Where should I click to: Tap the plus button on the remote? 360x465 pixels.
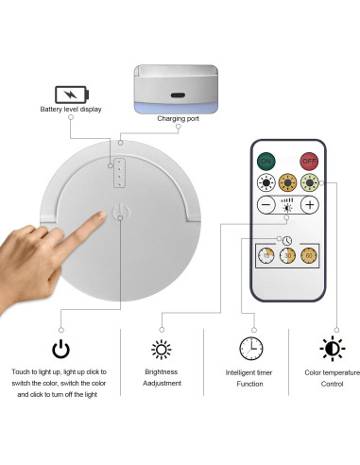(x=311, y=205)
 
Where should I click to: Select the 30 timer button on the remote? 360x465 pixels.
(x=288, y=255)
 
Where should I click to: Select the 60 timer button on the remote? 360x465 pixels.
(x=310, y=255)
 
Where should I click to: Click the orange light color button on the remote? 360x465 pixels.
(x=288, y=182)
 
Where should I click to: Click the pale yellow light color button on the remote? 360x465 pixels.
(x=311, y=182)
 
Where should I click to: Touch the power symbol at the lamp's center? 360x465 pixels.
(x=120, y=213)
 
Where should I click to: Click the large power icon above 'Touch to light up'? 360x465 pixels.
(x=61, y=349)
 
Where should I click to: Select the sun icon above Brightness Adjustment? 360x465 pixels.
(x=162, y=349)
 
